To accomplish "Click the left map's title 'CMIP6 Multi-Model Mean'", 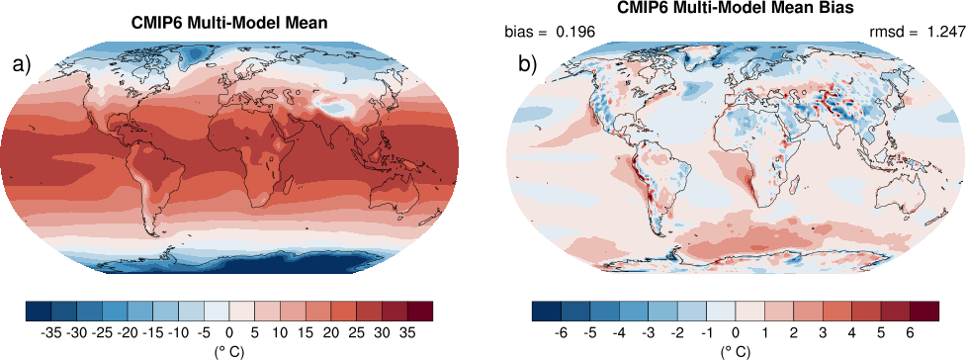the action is (x=228, y=24).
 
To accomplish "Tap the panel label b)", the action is (x=528, y=64).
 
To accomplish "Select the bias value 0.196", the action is (x=575, y=32).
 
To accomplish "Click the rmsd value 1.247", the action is (x=946, y=32).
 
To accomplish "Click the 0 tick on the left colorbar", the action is (x=229, y=333).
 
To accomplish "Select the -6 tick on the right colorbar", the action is (x=560, y=333).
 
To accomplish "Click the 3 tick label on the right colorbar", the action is (x=823, y=333).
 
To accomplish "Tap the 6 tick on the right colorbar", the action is (x=910, y=333).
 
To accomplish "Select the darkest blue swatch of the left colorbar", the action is (x=39, y=311).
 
